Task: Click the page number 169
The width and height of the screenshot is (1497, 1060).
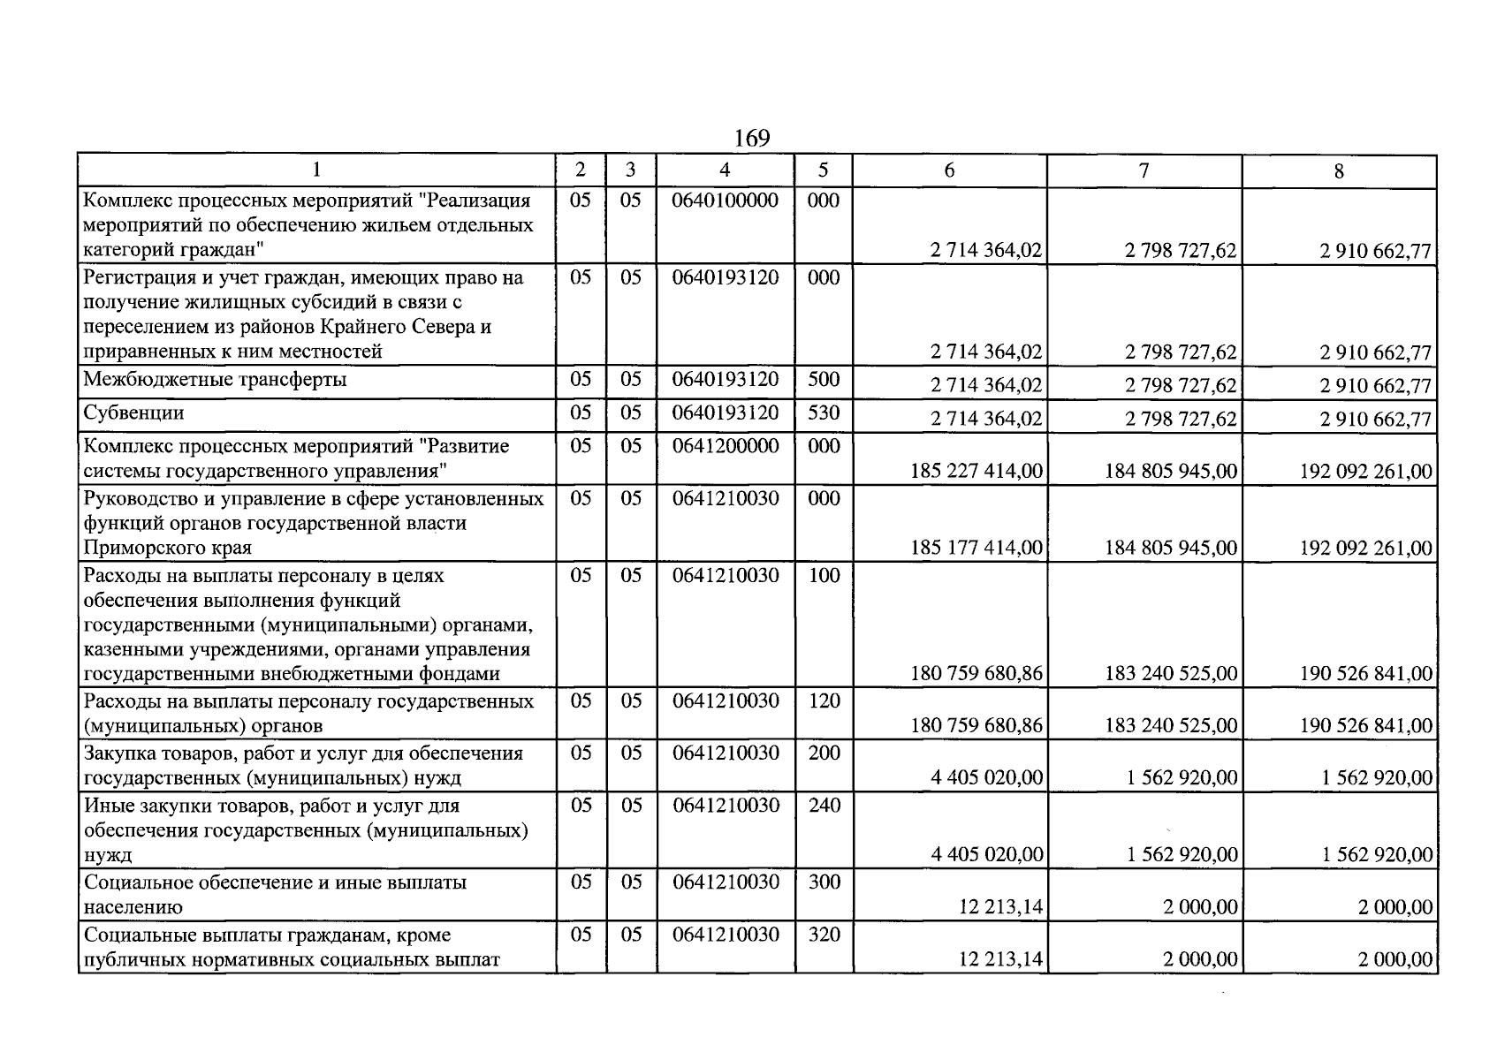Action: tap(751, 139)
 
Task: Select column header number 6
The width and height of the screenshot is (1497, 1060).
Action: tap(949, 170)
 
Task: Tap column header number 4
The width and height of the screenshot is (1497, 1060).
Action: tap(725, 170)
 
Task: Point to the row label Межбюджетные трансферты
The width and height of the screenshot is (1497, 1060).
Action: tap(215, 380)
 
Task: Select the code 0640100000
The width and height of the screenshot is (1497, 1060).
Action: tap(725, 201)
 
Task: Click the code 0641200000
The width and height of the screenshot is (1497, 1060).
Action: tap(725, 446)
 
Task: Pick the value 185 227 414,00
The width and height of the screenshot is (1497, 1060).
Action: tap(976, 471)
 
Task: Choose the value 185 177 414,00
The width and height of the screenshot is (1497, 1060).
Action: tap(976, 548)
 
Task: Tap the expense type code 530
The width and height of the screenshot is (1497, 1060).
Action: tap(824, 413)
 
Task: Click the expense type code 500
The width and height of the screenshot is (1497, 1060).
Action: tap(824, 380)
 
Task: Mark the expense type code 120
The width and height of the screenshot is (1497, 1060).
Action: tap(824, 701)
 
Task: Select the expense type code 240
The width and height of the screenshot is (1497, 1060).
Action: tap(824, 806)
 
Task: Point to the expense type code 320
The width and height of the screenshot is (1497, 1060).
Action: tap(824, 935)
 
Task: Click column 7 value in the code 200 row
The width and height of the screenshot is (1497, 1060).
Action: tap(1182, 778)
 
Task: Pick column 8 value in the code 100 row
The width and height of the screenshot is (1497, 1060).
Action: tap(1365, 674)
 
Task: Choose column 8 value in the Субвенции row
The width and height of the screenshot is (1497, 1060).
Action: tap(1375, 420)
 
